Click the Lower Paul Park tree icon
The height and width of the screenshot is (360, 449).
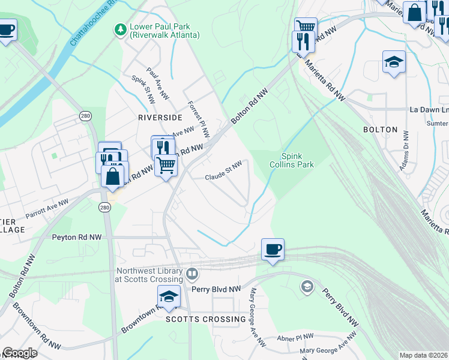(121, 28)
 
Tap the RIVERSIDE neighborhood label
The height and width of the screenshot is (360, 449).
(160, 118)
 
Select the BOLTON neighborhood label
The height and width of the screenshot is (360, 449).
(380, 130)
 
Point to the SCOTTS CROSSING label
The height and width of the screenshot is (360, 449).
(206, 319)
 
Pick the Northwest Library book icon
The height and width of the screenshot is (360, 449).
(192, 275)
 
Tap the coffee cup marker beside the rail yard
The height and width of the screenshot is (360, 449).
(273, 249)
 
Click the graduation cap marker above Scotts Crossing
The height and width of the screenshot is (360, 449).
(169, 296)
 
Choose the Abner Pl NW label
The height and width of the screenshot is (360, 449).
(295, 337)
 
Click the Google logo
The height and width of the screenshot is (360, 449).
(19, 353)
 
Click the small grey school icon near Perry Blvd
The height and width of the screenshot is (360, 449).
(307, 286)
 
